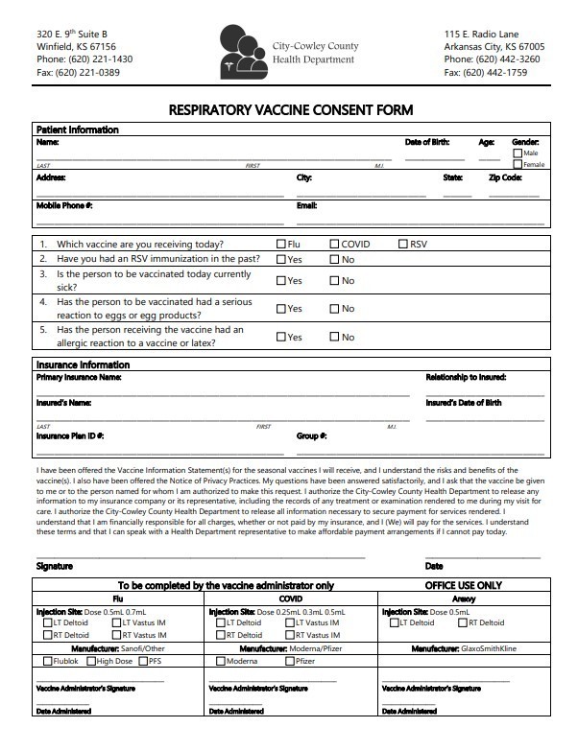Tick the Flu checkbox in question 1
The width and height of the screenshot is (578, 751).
281,245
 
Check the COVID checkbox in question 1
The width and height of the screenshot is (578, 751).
335,245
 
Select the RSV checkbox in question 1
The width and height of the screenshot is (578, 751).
403,245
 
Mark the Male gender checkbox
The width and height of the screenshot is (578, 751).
518,153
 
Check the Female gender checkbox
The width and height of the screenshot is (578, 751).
518,164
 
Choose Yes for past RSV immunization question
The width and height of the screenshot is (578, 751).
281,260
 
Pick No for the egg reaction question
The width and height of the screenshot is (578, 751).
335,309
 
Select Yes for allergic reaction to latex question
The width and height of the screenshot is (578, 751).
281,338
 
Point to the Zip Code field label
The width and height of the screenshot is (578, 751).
505,177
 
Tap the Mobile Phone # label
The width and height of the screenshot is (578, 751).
64,205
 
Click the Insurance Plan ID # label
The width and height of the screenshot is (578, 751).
70,435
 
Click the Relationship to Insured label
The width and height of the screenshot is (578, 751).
466,377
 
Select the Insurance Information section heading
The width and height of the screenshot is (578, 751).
83,364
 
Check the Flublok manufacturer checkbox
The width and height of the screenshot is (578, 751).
46,661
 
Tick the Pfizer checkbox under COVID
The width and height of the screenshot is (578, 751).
288,661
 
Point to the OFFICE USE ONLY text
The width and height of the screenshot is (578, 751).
463,584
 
